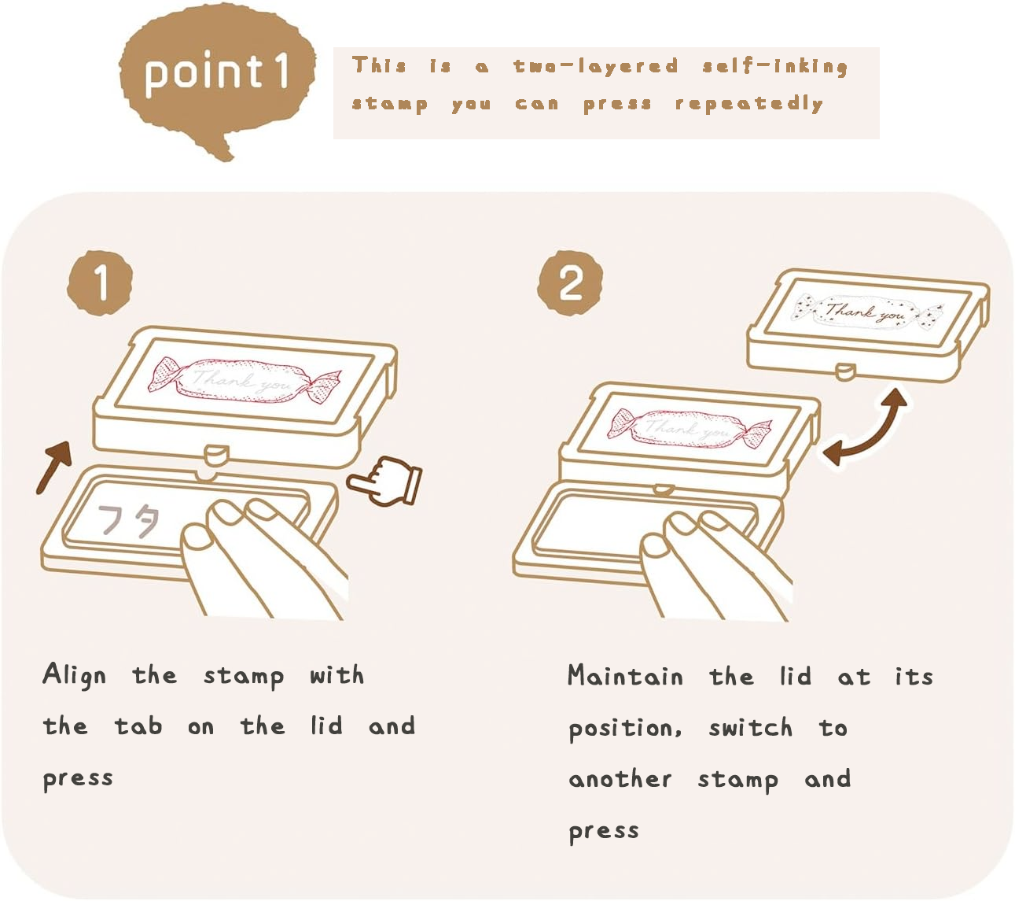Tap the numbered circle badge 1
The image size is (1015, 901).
100,282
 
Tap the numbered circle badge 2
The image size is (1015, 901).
571,282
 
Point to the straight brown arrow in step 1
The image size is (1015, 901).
54,467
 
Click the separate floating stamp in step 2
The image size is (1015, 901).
868,326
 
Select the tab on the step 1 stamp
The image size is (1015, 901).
217,454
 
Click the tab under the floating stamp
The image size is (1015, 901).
846,371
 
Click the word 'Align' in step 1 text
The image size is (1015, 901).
74,675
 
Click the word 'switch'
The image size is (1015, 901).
751,728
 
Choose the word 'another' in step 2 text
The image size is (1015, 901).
620,779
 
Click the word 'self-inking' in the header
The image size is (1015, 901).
775,67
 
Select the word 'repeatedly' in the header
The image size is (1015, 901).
749,104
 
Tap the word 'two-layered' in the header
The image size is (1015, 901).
596,66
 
